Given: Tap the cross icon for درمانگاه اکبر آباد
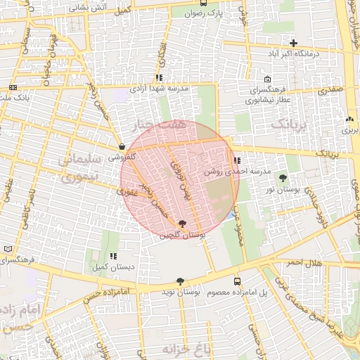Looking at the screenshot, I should coord(293,43).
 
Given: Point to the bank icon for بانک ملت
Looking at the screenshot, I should coord(13,87).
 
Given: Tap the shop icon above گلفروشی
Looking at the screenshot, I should coord(122,147).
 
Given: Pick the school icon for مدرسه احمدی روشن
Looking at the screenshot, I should coord(236,161).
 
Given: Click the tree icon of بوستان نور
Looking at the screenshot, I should coord(283,178).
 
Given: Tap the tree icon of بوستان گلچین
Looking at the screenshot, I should coord(183,224).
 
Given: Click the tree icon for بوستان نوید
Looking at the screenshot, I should coord(180,281).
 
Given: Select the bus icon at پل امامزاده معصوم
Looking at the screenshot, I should coord(236,281).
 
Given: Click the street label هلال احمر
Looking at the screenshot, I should coord(302,262).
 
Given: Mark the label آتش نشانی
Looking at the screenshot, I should coord(93,6).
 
